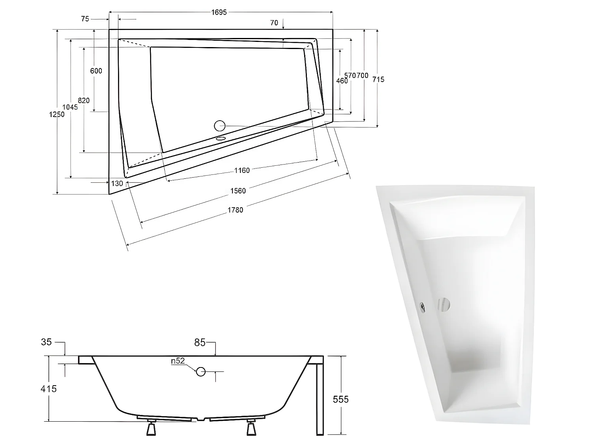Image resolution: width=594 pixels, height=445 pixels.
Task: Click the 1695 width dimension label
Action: [x=219, y=12]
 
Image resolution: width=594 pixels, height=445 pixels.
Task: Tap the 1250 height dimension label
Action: [x=56, y=114]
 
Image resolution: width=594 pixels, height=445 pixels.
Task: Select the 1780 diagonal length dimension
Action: [x=235, y=210]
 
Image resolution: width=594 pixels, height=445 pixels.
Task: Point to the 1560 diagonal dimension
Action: [x=238, y=191]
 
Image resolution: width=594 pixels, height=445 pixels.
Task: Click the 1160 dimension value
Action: [x=242, y=170]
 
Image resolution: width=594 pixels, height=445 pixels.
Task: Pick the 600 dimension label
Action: [x=96, y=71]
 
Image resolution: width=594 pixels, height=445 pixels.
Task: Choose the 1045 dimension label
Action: [x=70, y=107]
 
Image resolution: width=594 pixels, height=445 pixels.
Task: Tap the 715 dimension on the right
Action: [x=378, y=80]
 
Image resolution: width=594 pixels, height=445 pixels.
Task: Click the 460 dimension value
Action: [x=341, y=81]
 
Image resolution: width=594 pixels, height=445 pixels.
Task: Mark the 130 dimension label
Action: [x=117, y=184]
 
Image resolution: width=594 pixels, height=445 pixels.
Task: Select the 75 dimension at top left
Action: [x=85, y=19]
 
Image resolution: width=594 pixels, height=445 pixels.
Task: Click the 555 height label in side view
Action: [x=341, y=399]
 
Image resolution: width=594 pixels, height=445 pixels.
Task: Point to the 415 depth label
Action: [x=48, y=389]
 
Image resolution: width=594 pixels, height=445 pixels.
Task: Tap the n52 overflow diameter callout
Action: [x=178, y=361]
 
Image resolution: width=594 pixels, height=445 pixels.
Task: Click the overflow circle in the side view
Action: [x=201, y=371]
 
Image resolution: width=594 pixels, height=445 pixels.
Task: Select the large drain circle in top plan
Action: [x=220, y=126]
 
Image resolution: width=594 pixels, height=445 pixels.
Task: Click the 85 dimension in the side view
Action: [x=200, y=343]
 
